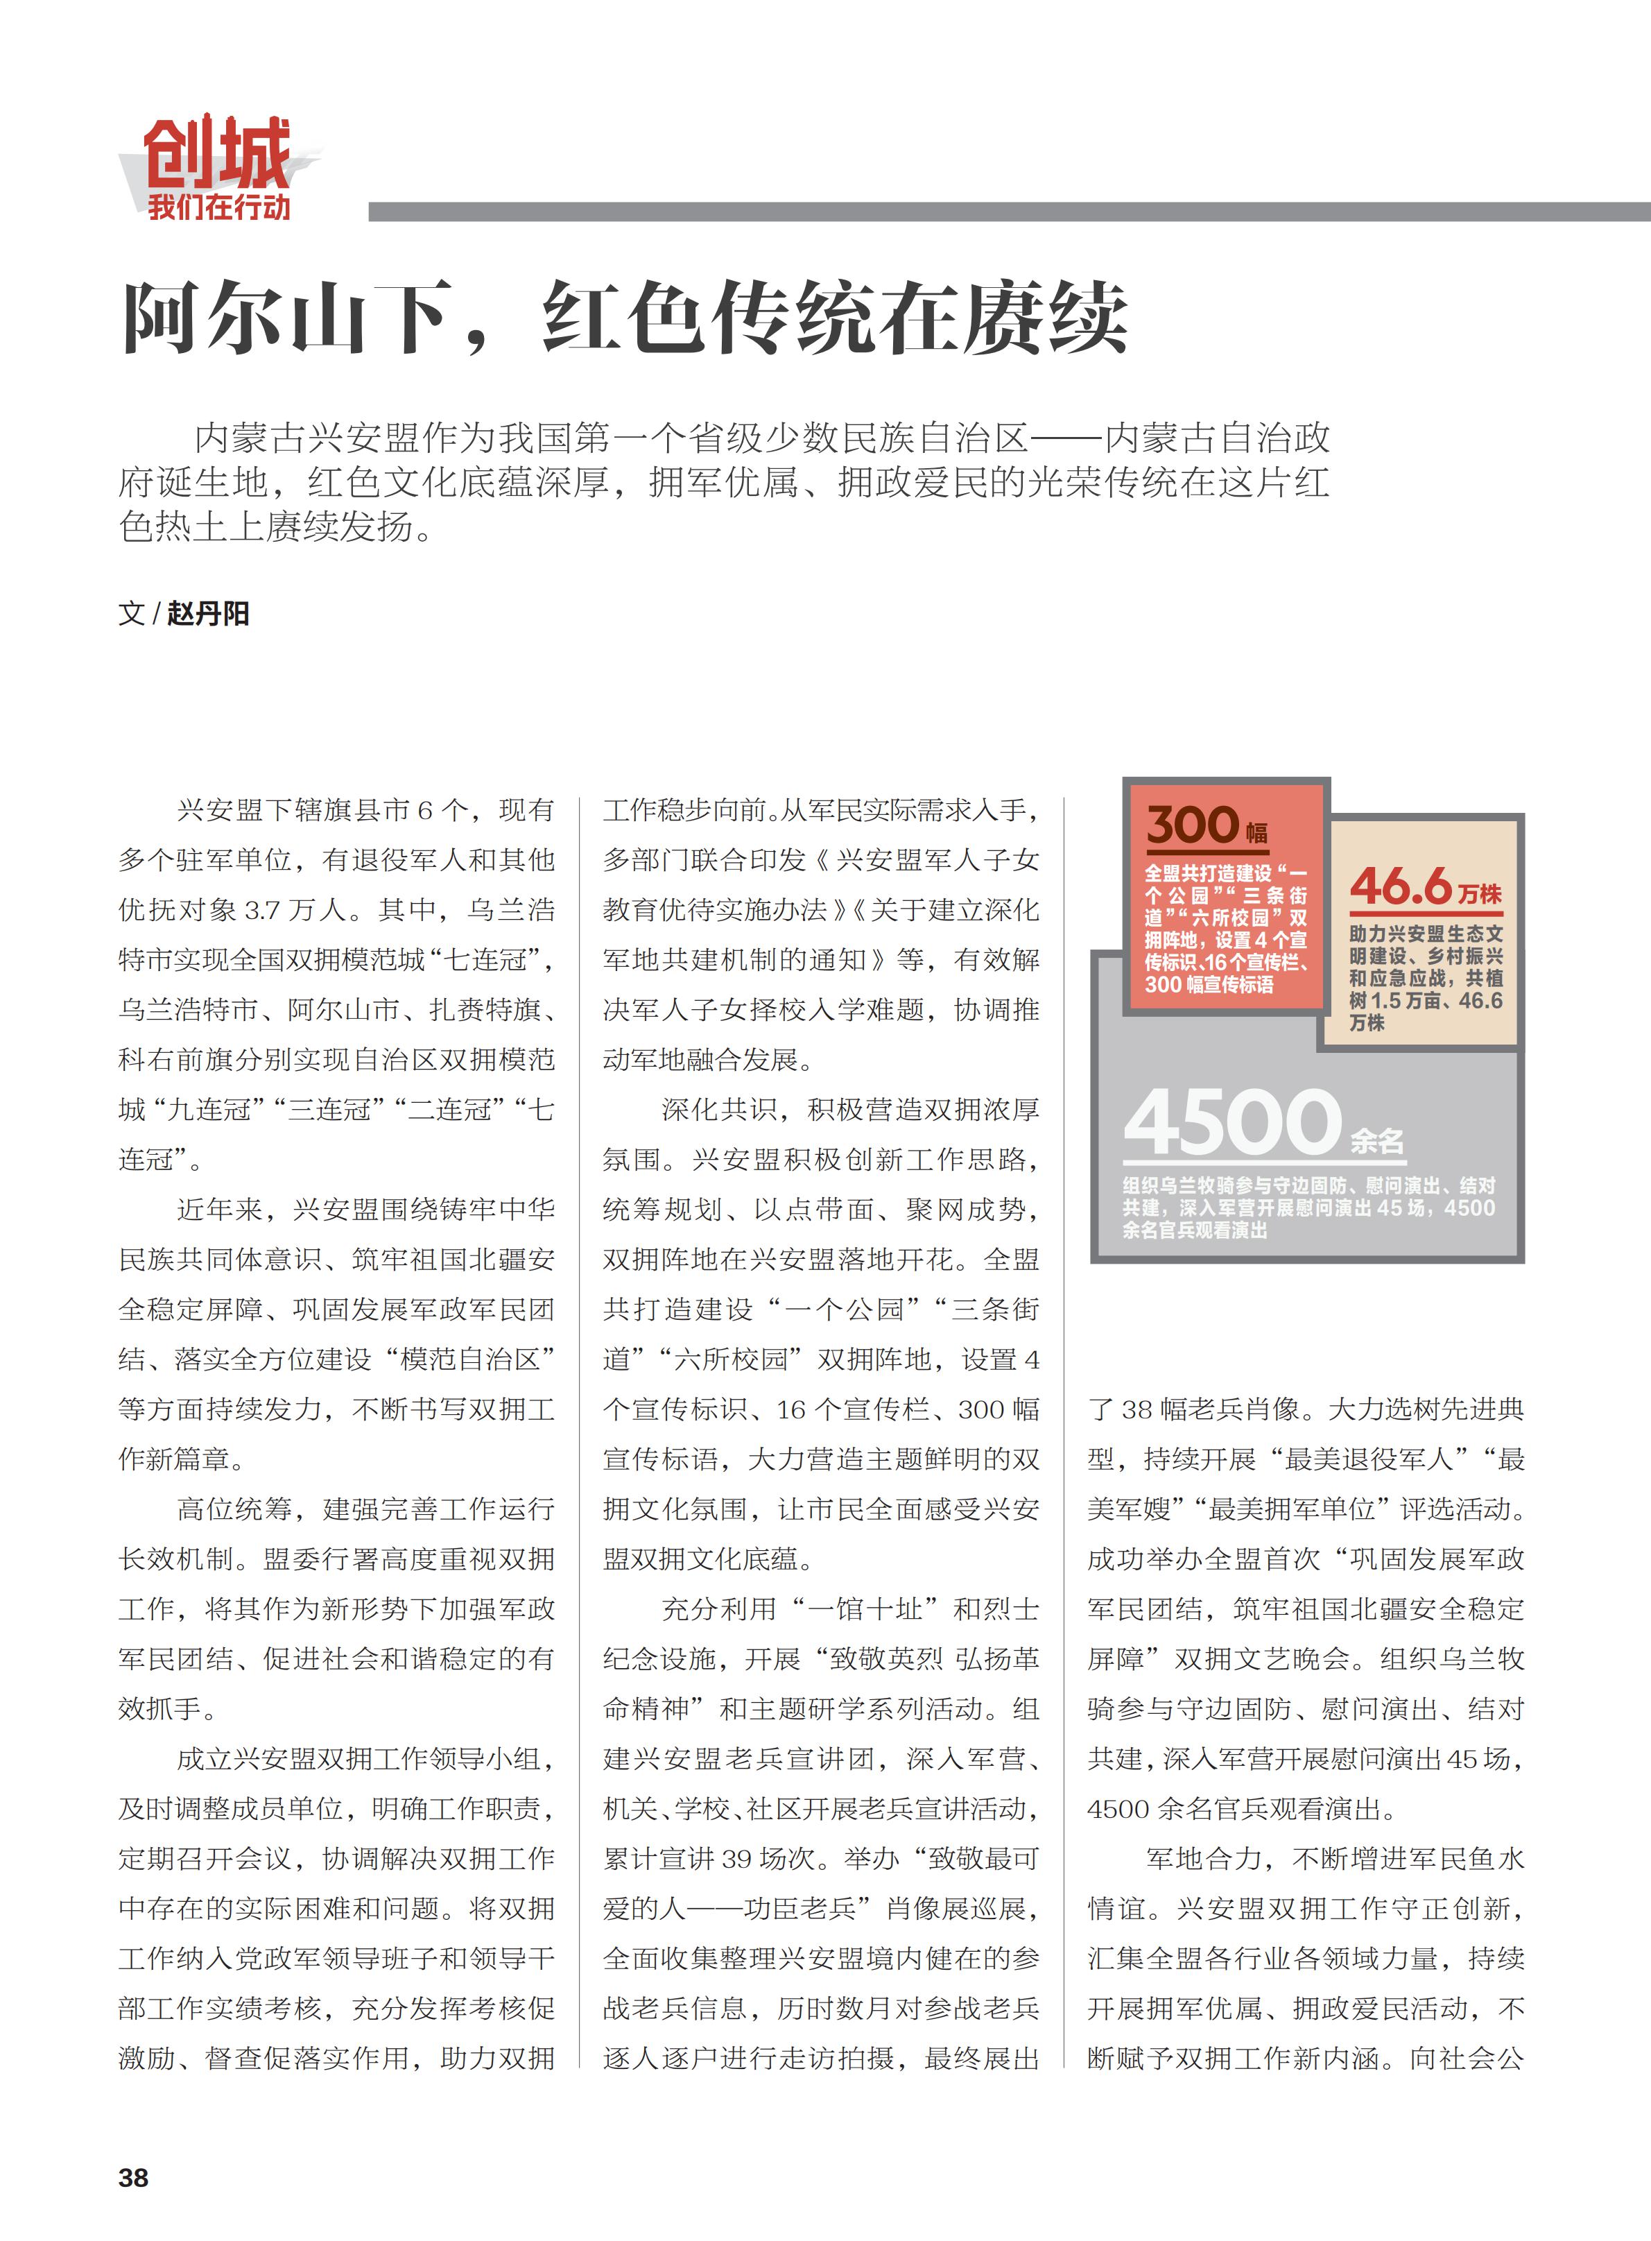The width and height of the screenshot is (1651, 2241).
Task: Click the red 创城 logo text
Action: point(217,152)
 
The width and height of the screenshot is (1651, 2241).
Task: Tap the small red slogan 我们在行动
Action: point(219,208)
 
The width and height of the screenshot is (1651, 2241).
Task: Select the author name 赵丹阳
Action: point(208,612)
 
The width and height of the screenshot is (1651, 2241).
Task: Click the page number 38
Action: point(133,2178)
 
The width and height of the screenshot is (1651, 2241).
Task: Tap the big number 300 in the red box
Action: point(1193,825)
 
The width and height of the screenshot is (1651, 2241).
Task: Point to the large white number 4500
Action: point(1232,1122)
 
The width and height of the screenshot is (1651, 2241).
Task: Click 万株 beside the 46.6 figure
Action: point(1479,893)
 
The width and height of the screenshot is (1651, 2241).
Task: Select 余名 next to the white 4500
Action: point(1377,1140)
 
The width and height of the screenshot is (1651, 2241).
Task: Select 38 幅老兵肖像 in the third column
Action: point(1209,1409)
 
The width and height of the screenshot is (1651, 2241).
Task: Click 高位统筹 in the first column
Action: point(235,1509)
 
